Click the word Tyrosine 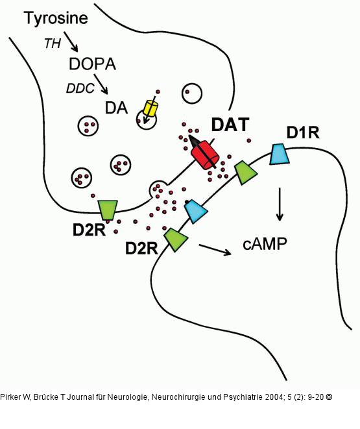pyautogui.click(x=55, y=19)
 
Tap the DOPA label pyautogui.click(x=93, y=64)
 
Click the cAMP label pyautogui.click(x=265, y=243)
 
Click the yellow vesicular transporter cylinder pyautogui.click(x=150, y=108)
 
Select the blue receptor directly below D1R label pyautogui.click(x=280, y=154)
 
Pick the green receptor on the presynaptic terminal pyautogui.click(x=108, y=210)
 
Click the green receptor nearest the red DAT pyautogui.click(x=245, y=172)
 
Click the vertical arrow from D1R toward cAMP pyautogui.click(x=280, y=204)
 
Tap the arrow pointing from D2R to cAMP pyautogui.click(x=215, y=249)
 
